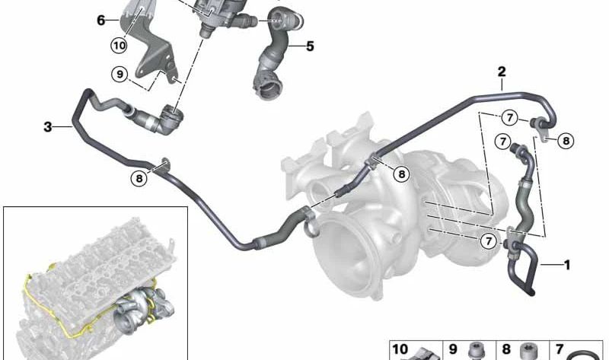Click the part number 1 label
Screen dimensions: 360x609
tap(566, 265)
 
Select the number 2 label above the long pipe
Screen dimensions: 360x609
tap(502, 72)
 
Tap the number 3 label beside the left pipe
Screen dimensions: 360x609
tap(48, 127)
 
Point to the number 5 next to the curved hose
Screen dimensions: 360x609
tap(310, 46)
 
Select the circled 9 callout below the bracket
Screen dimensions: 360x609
tap(120, 74)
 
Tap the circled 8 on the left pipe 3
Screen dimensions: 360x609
tap(139, 179)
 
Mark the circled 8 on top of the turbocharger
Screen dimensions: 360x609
tap(401, 174)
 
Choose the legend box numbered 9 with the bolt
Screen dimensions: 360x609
tap(471, 350)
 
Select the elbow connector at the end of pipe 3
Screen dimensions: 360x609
tap(169, 120)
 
